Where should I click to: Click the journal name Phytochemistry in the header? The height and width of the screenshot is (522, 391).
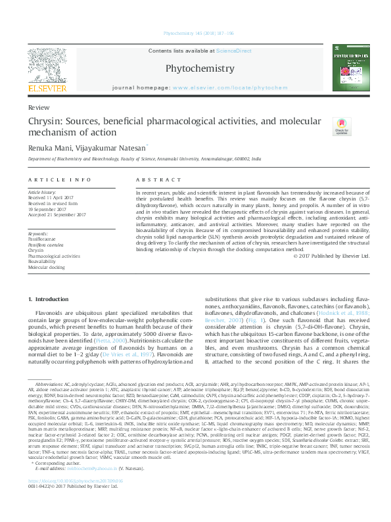pos(199,68)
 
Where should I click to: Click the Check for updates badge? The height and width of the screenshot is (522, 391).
pos(340,127)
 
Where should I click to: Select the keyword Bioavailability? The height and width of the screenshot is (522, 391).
pos(43,261)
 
